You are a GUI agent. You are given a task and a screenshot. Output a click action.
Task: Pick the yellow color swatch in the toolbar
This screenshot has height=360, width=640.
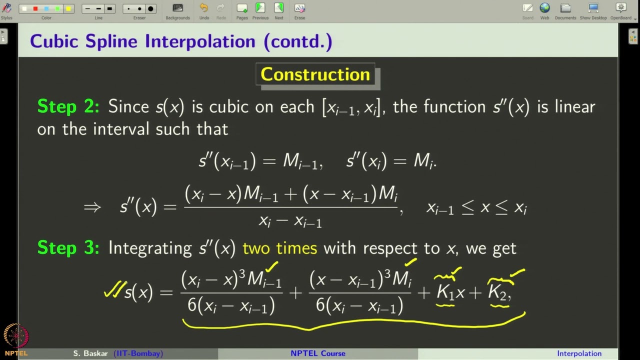tap(68, 9)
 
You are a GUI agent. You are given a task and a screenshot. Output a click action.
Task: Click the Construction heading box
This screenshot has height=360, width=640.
tap(315, 74)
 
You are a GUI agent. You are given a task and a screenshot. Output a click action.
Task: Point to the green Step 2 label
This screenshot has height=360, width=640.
tap(68, 106)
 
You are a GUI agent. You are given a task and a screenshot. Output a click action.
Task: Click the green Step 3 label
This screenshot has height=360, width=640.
tap(68, 248)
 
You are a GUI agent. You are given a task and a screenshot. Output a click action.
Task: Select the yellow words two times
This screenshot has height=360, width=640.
tap(279, 248)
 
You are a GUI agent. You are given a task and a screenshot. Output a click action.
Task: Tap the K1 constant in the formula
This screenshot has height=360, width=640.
tap(445, 292)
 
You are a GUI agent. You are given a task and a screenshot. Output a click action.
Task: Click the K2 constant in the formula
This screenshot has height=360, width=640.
tap(497, 292)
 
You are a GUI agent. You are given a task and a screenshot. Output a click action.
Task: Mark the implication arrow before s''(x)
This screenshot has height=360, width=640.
tap(92, 207)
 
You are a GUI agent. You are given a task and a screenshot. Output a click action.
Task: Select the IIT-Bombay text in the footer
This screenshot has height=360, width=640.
tap(138, 353)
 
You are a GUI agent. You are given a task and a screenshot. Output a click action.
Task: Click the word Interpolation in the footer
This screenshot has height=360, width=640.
tap(579, 353)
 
